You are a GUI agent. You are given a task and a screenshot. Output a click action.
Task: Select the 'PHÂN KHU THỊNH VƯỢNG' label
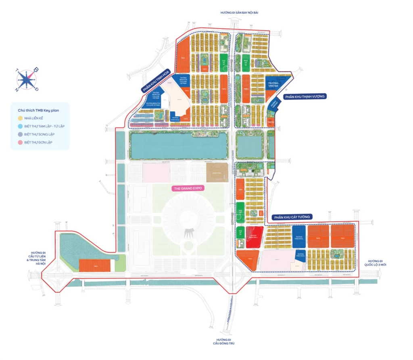click(305, 96)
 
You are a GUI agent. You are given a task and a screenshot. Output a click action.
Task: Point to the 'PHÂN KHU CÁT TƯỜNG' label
click(292, 217)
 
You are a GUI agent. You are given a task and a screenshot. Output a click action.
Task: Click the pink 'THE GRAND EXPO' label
click(188, 188)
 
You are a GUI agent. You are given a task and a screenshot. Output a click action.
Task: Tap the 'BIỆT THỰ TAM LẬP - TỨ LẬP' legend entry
click(44, 126)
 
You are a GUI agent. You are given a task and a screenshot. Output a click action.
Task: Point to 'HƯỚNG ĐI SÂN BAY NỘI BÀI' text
click(239, 12)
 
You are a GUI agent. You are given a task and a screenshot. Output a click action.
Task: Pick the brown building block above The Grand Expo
click(217, 173)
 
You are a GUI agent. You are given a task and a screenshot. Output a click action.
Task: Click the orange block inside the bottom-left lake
click(94, 266)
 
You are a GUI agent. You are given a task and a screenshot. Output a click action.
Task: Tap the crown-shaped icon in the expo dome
click(188, 233)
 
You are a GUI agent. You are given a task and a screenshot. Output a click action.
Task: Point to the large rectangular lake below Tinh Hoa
click(177, 146)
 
